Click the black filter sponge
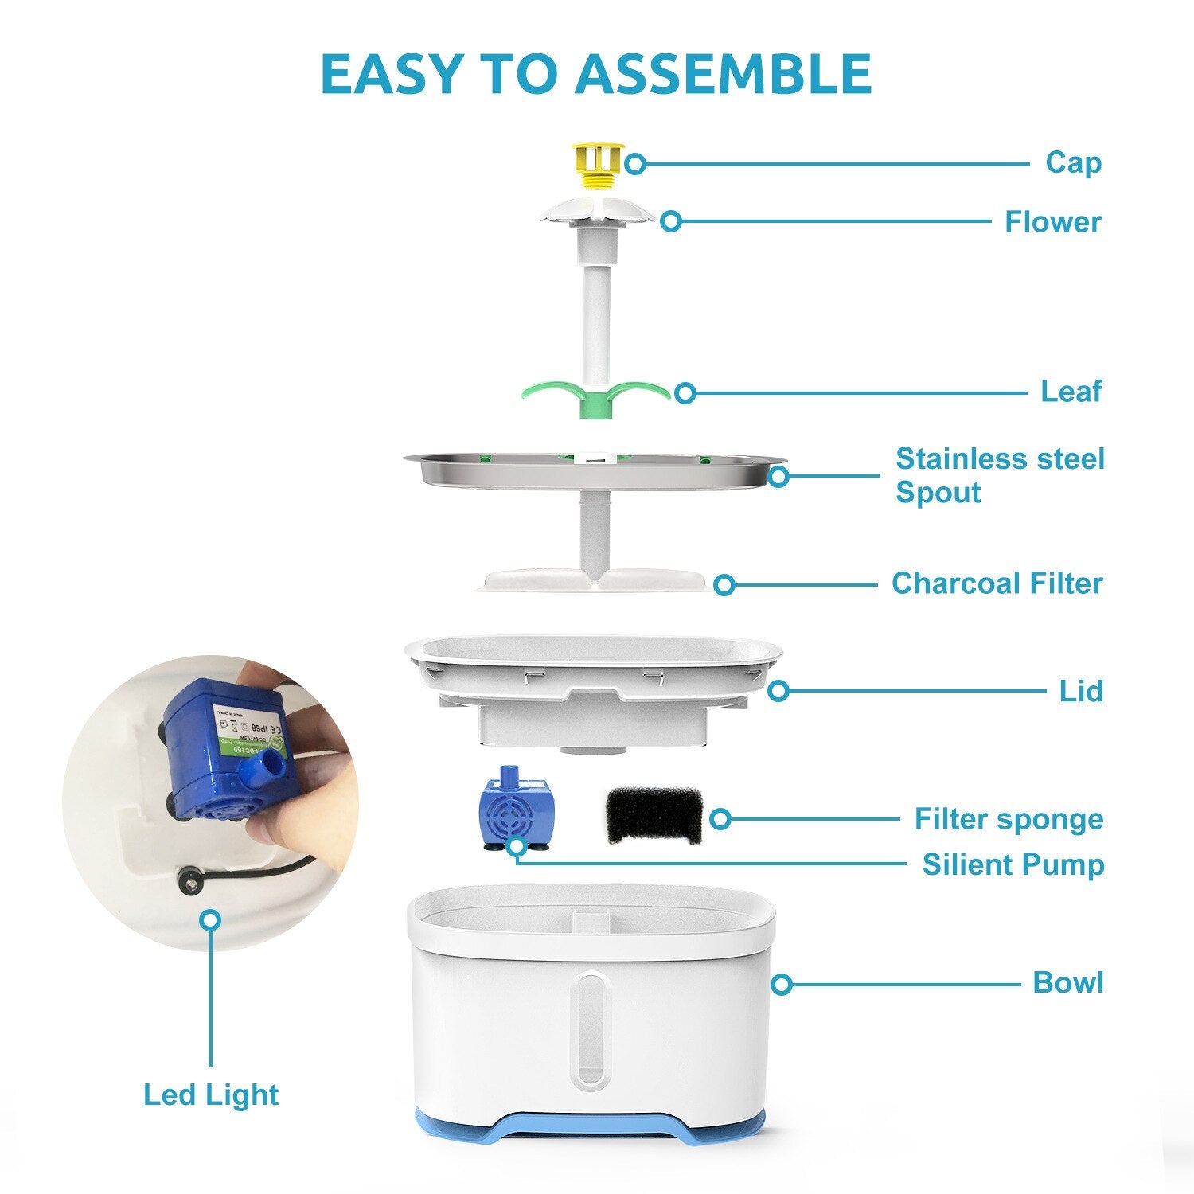click(x=654, y=816)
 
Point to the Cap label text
click(x=1073, y=162)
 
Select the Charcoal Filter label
click(x=997, y=583)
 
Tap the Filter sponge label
click(x=1009, y=819)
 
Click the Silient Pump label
click(x=1013, y=864)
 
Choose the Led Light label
click(x=211, y=1095)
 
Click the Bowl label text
click(x=1067, y=983)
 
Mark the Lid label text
click(x=1081, y=691)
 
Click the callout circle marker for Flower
click(x=671, y=221)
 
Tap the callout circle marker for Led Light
click(x=211, y=920)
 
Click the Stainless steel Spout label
click(x=1000, y=475)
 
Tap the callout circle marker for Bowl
click(x=782, y=985)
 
